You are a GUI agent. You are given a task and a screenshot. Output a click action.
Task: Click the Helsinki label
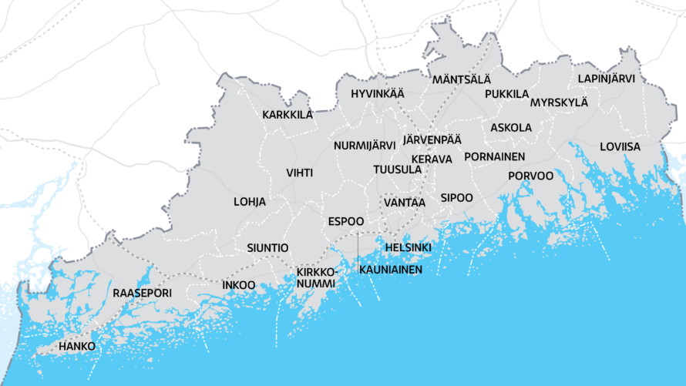tap(408, 247)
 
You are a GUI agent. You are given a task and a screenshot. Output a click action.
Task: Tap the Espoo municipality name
tap(345, 221)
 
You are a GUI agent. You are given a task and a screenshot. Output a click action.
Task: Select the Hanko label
tap(77, 347)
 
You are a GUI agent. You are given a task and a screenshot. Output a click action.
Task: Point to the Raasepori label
tap(142, 294)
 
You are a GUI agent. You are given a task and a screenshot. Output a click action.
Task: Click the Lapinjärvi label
tap(607, 79)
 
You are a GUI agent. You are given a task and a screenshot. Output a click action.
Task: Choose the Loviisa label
tap(620, 146)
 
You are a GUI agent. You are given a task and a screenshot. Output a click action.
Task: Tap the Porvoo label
tap(530, 176)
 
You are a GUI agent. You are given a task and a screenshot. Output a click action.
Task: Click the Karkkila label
tap(288, 115)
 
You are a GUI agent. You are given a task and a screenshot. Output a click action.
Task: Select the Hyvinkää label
tap(377, 94)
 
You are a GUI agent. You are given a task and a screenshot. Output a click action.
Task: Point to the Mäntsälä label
tap(461, 80)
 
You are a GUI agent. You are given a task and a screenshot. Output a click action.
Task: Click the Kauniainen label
tap(391, 270)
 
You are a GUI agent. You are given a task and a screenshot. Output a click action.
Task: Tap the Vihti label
tap(299, 173)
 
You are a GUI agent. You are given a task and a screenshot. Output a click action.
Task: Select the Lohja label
tap(250, 202)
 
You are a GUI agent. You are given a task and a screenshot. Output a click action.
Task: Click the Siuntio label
tap(267, 248)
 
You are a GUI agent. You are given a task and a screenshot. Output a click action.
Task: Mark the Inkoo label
tap(238, 285)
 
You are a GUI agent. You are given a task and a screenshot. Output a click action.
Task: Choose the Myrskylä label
tap(559, 102)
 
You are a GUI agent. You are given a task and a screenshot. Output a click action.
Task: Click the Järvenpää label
tap(432, 140)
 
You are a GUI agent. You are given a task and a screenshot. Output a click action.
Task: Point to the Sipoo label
tap(456, 198)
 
